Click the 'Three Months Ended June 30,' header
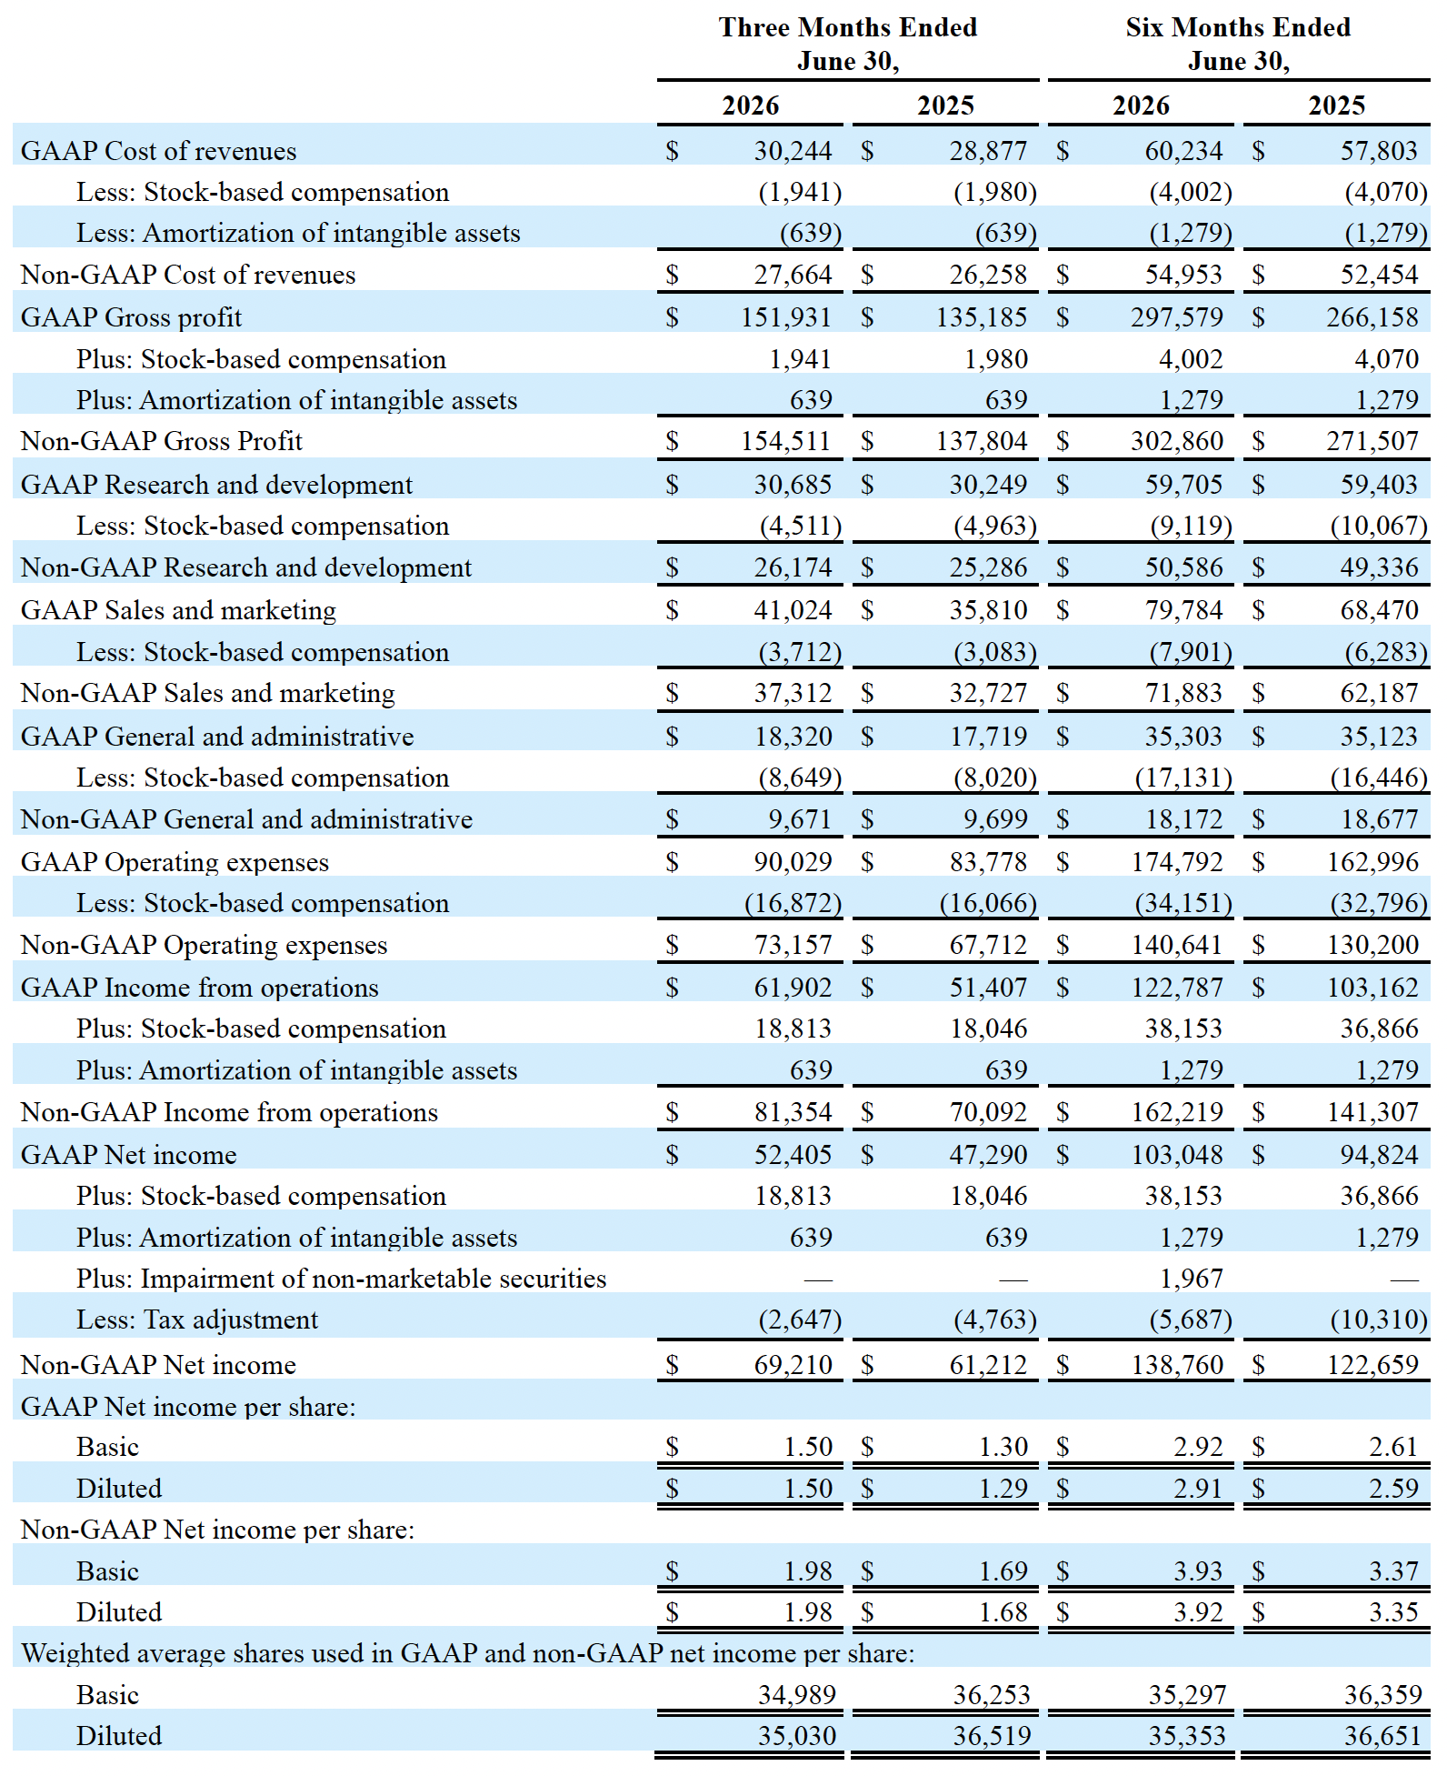pyautogui.click(x=848, y=44)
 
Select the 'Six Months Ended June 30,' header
pyautogui.click(x=1238, y=44)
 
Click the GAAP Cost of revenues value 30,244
pyautogui.click(x=793, y=151)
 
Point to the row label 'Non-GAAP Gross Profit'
pyautogui.click(x=162, y=441)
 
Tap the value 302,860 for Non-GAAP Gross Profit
pyautogui.click(x=1177, y=441)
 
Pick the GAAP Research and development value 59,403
pyautogui.click(x=1379, y=485)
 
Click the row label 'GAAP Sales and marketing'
pyautogui.click(x=178, y=610)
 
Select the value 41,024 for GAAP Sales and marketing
pyautogui.click(x=793, y=610)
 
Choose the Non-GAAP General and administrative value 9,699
pyautogui.click(x=995, y=819)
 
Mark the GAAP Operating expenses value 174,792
pyautogui.click(x=1177, y=862)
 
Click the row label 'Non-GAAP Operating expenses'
pyautogui.click(x=204, y=946)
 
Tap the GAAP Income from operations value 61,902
pyautogui.click(x=793, y=988)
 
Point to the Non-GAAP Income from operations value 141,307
pyautogui.click(x=1372, y=1112)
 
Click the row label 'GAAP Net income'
pyautogui.click(x=128, y=1155)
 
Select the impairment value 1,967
pyautogui.click(x=1192, y=1279)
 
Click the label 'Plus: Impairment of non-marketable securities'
pyautogui.click(x=341, y=1279)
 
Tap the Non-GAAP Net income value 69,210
pyautogui.click(x=793, y=1365)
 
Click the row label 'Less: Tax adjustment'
pyautogui.click(x=197, y=1319)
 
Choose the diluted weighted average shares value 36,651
pyautogui.click(x=1382, y=1736)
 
